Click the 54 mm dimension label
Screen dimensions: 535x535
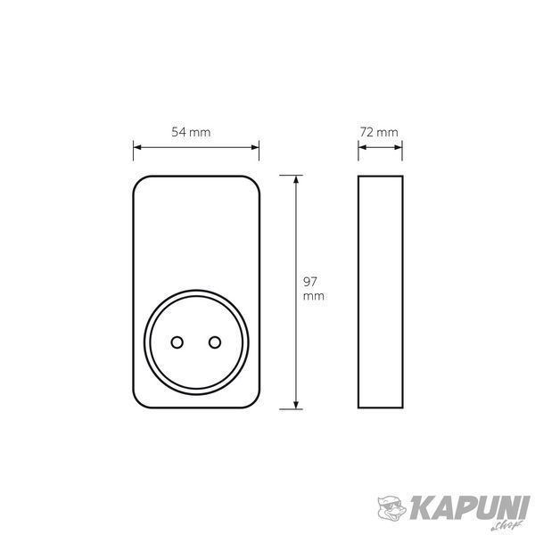(x=191, y=132)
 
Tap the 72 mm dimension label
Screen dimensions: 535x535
(x=379, y=132)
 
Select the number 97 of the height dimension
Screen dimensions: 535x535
(x=310, y=282)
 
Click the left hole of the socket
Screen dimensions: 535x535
(x=177, y=342)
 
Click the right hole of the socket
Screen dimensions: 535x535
(x=215, y=342)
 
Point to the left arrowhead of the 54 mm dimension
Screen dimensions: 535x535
(x=137, y=147)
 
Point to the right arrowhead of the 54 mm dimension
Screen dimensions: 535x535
(x=255, y=147)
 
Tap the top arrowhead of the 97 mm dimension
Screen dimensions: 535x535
(x=296, y=179)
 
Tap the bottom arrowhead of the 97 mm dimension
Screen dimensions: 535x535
(x=296, y=405)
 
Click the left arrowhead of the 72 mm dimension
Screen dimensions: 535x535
(x=362, y=147)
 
